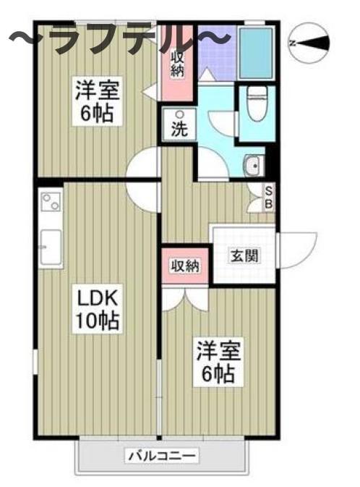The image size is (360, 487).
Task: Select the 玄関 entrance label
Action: pyautogui.click(x=242, y=255)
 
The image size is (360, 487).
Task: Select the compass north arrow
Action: pyautogui.click(x=309, y=43)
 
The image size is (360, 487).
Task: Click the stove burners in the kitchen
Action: pyautogui.click(x=51, y=203)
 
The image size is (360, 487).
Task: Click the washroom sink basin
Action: pyautogui.click(x=254, y=166)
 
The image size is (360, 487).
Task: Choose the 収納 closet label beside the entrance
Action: pyautogui.click(x=184, y=266)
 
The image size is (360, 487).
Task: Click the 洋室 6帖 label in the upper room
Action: pyautogui.click(x=98, y=102)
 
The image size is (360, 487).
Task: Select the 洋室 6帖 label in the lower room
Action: pyautogui.click(x=217, y=363)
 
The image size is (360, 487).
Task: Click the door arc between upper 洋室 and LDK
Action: pyautogui.click(x=142, y=165)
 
